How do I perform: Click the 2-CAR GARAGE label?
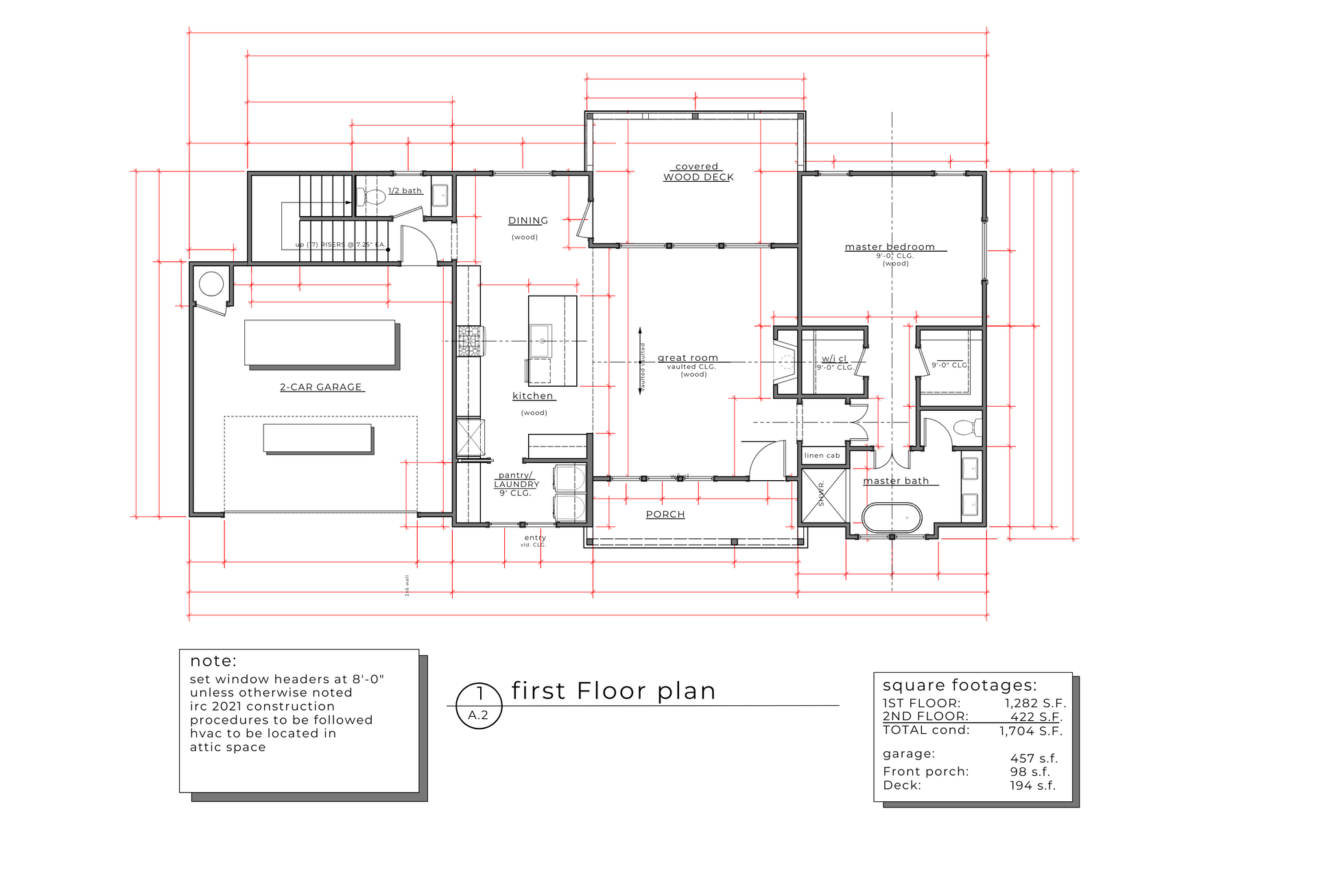click(x=321, y=387)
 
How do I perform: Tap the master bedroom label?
click(x=890, y=247)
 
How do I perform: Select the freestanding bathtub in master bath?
click(x=891, y=518)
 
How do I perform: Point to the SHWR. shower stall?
click(x=824, y=495)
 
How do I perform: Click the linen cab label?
click(x=822, y=455)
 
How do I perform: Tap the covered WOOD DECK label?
click(x=698, y=171)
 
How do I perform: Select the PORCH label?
click(x=665, y=514)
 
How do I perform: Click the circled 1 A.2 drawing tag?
click(x=479, y=706)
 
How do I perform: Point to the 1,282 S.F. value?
click(x=1035, y=703)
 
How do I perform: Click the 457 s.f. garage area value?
click(x=1034, y=758)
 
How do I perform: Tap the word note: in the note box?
click(x=213, y=661)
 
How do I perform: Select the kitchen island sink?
click(x=541, y=341)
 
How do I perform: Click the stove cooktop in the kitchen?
click(x=470, y=341)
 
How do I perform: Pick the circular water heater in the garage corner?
click(x=211, y=283)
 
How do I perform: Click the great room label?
click(x=688, y=358)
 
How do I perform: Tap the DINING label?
click(x=528, y=221)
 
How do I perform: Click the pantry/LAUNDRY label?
click(x=517, y=479)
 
